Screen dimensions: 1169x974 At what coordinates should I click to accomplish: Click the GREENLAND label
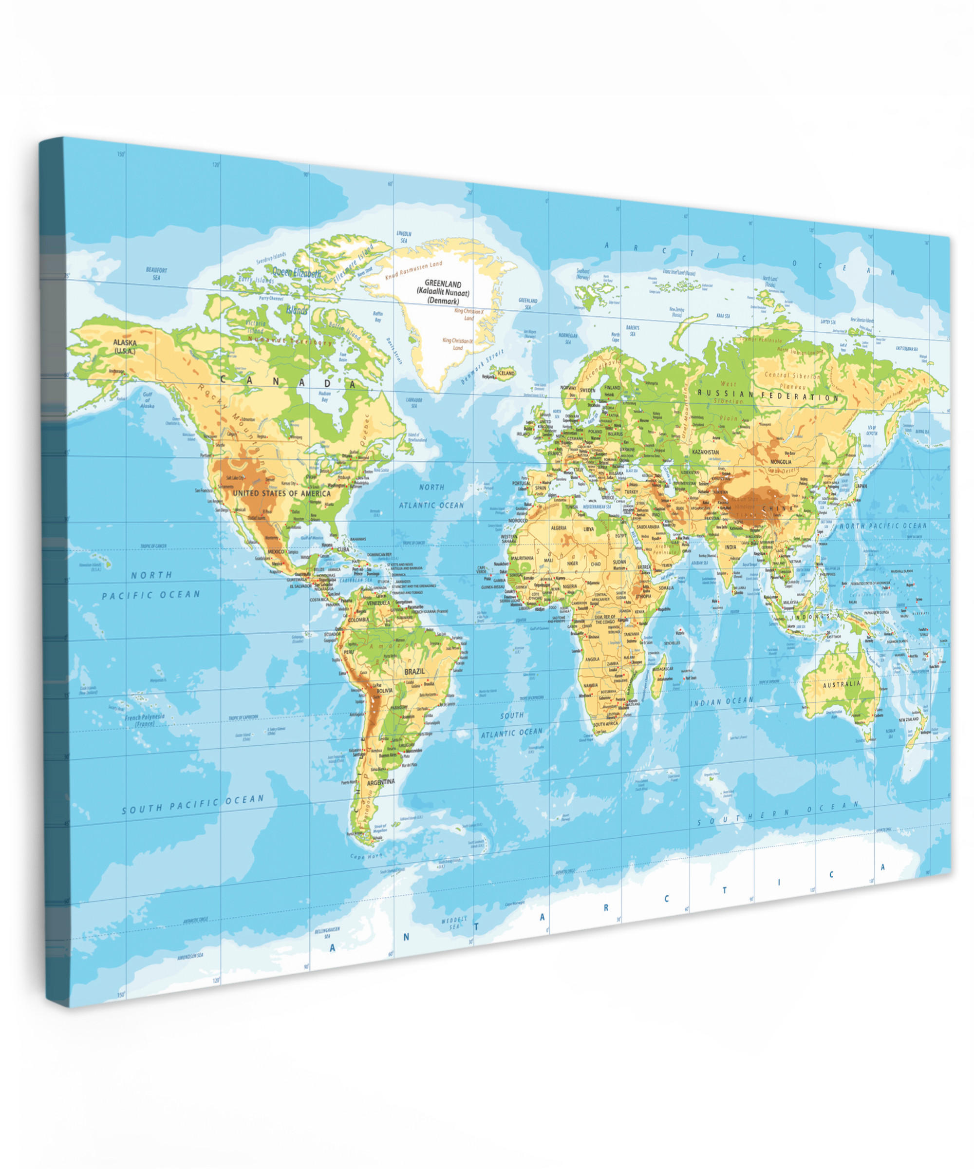443,284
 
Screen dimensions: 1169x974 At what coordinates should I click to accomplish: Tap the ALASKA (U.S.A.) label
125,347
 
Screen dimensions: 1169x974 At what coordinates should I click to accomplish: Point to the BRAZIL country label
414,671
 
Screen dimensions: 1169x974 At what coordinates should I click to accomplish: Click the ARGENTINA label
381,782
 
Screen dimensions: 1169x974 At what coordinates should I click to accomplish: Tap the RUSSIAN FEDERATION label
768,395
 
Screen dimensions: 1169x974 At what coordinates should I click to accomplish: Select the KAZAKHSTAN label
705,453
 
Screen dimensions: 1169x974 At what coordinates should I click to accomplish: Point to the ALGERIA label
558,528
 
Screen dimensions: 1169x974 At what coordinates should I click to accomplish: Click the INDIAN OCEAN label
722,702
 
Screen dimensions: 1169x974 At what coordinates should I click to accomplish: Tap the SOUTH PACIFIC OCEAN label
193,803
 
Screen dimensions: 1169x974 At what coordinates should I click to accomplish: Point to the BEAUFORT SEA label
156,273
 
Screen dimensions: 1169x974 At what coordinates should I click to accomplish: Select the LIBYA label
588,529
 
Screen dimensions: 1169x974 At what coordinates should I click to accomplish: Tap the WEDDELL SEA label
454,923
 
